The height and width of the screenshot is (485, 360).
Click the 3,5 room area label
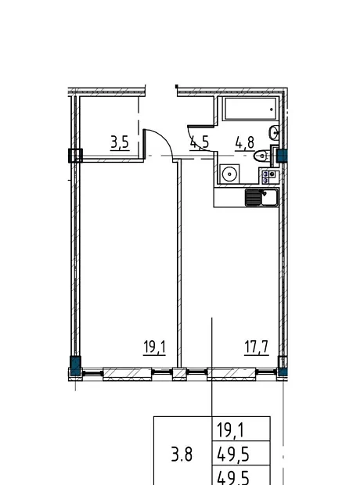[x=120, y=143]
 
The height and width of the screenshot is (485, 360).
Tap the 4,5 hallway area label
[x=200, y=143]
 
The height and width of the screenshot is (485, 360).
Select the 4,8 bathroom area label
[x=244, y=143]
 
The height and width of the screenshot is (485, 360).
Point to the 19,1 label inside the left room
[x=154, y=347]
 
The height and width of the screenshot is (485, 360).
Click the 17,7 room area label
[x=256, y=347]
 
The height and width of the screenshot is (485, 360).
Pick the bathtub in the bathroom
[x=250, y=109]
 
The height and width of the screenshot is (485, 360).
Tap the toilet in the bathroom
[x=261, y=156]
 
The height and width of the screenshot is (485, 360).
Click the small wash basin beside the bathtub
[x=273, y=133]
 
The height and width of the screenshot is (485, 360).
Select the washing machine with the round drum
[x=229, y=174]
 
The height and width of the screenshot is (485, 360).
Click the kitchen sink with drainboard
[x=261, y=198]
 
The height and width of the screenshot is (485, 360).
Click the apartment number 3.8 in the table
[x=182, y=454]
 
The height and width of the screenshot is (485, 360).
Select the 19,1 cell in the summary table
[x=231, y=430]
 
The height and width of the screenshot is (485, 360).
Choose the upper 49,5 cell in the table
[x=233, y=454]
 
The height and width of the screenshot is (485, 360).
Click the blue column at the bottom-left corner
[x=76, y=366]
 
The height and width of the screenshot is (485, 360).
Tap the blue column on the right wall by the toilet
[x=282, y=156]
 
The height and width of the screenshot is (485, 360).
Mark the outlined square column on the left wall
[x=75, y=156]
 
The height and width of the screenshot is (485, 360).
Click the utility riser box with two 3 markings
[x=268, y=177]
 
